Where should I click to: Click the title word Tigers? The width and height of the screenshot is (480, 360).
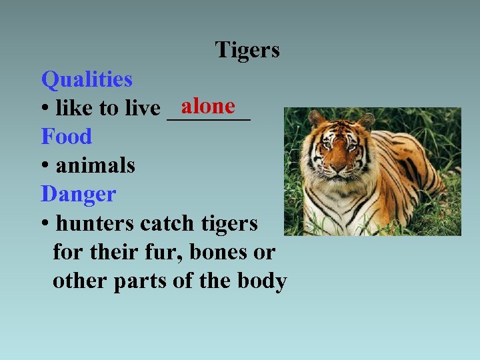click(247, 50)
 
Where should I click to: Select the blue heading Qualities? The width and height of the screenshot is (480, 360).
click(87, 80)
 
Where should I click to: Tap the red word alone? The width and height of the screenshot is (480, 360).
click(208, 106)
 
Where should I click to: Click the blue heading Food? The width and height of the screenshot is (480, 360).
click(66, 137)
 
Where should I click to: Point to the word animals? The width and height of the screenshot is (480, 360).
click(95, 165)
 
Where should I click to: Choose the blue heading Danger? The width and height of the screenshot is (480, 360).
click(78, 195)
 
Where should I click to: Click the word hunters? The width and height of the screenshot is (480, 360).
click(95, 223)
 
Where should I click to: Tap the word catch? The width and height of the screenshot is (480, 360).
click(169, 223)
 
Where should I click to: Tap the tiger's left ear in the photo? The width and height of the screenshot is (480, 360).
click(317, 120)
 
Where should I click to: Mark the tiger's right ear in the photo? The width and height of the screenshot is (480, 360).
click(365, 121)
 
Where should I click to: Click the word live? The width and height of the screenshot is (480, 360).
click(144, 108)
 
